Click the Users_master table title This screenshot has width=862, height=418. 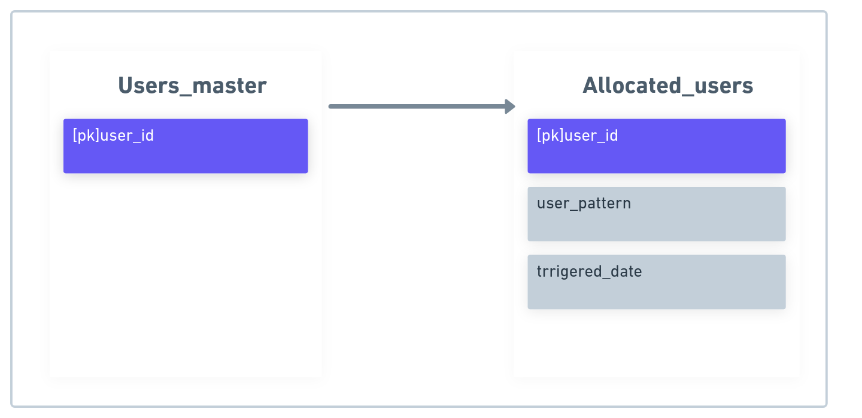tap(192, 86)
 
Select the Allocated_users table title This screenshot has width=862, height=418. tap(667, 86)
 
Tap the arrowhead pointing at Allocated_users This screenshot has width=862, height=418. tap(510, 107)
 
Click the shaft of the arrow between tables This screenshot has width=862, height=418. tap(417, 107)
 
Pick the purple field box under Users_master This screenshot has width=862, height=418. tap(186, 146)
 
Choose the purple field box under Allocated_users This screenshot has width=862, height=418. tap(657, 146)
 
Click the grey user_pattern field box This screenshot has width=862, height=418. tap(657, 214)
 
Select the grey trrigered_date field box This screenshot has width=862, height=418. tap(657, 281)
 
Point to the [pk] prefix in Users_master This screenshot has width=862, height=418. tap(86, 135)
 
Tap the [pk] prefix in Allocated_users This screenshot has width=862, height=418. tap(550, 135)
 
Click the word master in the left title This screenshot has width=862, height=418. tap(229, 86)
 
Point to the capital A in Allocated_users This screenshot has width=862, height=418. tap(590, 85)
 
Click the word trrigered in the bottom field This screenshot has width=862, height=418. tap(568, 272)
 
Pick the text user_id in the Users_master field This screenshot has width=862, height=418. tap(127, 135)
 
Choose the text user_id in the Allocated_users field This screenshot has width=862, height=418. tap(591, 135)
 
